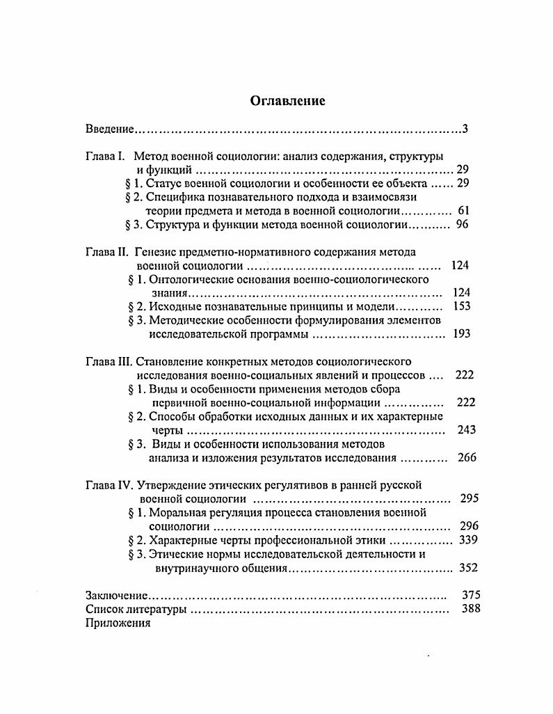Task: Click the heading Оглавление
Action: [x=287, y=101]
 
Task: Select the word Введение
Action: [x=109, y=129]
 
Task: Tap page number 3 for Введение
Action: [x=465, y=129]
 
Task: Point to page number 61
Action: [x=465, y=211]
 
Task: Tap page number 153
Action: [x=462, y=306]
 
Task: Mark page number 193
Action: [x=462, y=334]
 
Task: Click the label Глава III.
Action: [x=109, y=361]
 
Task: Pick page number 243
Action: [x=466, y=430]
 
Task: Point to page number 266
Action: [x=467, y=458]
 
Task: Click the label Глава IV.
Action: [x=109, y=485]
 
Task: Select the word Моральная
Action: [x=184, y=512]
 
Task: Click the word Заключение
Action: [x=117, y=596]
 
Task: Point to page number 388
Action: [x=471, y=610]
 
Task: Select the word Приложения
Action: [x=118, y=624]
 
